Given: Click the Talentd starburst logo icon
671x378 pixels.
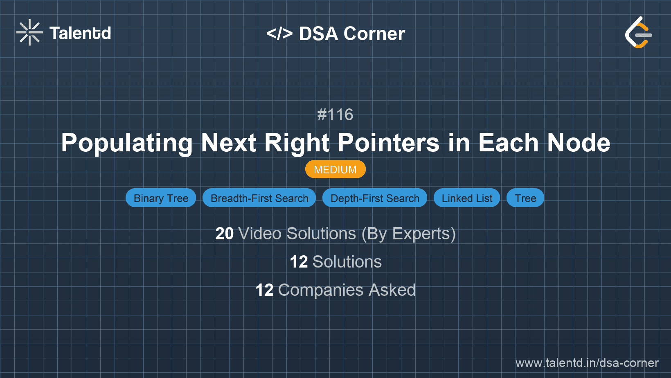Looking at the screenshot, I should point(29,32).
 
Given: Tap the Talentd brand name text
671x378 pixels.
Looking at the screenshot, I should point(80,33).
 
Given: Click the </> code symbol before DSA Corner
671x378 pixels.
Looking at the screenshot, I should point(279,34).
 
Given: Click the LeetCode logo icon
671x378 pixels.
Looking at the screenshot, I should point(638,33).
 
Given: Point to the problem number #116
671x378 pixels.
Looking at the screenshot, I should point(335,115).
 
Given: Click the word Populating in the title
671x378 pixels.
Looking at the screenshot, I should point(127,143).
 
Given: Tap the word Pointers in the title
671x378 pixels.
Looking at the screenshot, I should point(388,143).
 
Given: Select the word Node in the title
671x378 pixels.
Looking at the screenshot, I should point(579,143).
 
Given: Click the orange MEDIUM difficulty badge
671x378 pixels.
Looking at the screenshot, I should point(335,169).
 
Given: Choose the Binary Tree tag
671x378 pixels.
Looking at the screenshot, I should point(161,198).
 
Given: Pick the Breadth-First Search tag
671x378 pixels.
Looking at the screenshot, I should point(259,198).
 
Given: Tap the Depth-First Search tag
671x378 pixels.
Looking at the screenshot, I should point(375,198).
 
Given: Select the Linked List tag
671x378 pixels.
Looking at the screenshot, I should point(467,198).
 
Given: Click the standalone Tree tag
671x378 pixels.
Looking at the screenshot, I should point(525,198).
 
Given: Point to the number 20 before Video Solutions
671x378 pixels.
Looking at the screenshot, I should point(224,234).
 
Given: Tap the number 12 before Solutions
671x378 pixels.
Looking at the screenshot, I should point(299,262).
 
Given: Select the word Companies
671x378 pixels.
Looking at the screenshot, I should point(321,290).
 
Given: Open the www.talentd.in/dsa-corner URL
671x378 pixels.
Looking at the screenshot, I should point(587,363).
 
